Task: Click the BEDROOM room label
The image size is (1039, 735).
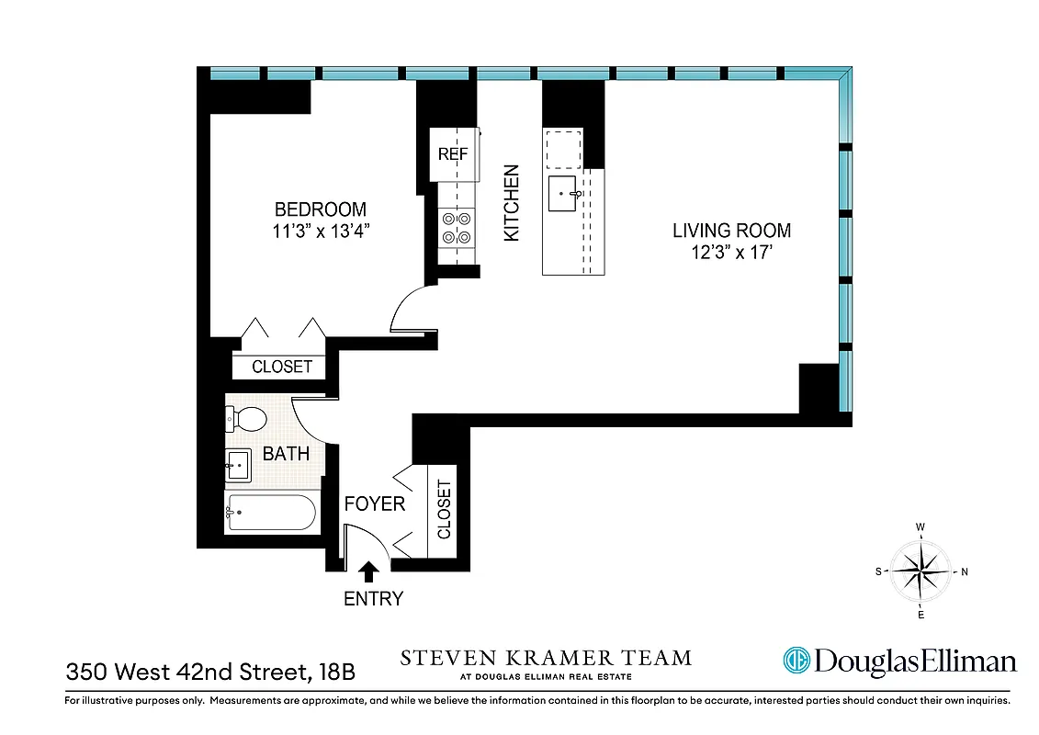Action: click(x=320, y=209)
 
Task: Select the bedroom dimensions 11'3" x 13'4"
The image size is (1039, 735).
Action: click(x=320, y=232)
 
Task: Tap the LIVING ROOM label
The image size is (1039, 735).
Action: click(x=731, y=231)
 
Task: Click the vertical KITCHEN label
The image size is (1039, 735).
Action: click(x=512, y=203)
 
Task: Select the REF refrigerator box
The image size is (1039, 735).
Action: click(x=453, y=154)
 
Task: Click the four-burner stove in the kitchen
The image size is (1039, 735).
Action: click(x=457, y=228)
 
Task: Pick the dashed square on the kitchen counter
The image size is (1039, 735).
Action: click(x=563, y=149)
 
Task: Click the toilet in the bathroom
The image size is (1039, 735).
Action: click(x=245, y=419)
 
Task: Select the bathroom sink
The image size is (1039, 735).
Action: click(x=238, y=466)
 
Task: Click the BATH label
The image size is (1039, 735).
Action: click(x=286, y=454)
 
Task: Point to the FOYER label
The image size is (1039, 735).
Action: click(x=374, y=504)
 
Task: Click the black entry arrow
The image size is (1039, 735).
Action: click(x=368, y=571)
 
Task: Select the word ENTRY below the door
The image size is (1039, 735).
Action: click(x=373, y=599)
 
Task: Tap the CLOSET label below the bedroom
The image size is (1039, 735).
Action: click(x=282, y=367)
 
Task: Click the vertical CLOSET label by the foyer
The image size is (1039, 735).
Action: click(x=444, y=510)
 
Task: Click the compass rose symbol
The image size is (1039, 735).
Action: click(x=921, y=571)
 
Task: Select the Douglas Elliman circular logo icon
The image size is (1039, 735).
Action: click(x=796, y=660)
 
